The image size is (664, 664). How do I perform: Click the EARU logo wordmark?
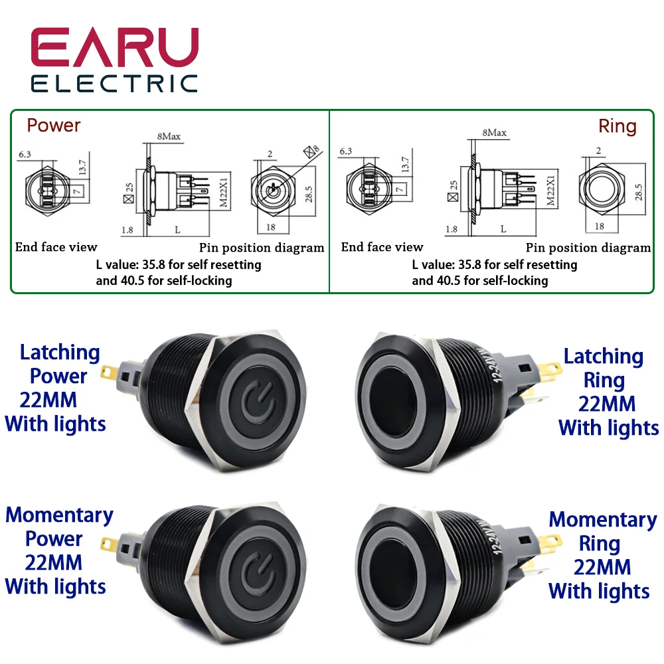pos(114,47)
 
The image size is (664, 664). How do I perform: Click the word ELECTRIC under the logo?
pos(114,84)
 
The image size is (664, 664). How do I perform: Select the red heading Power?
pos(54,125)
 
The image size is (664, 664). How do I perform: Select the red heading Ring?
pos(617,126)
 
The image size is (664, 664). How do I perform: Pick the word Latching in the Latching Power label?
pos(60,353)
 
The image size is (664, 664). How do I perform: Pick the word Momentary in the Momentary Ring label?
pos(602,520)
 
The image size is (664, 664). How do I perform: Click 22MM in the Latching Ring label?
pos(607,404)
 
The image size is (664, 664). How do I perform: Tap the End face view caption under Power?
pos(56,247)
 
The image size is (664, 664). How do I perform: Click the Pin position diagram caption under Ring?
pos(588,248)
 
